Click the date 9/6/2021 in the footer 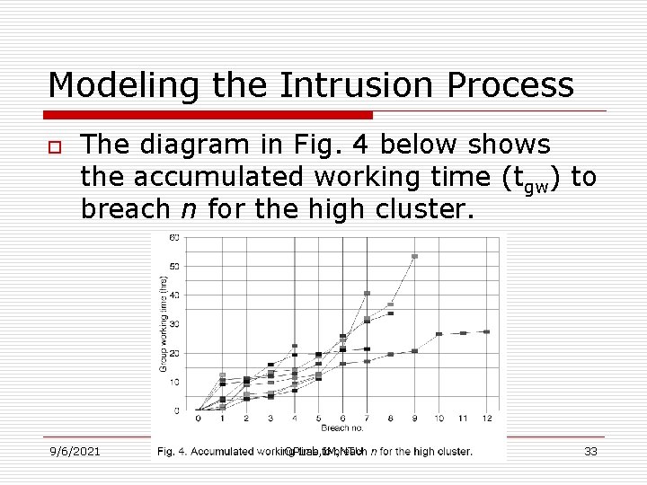click(x=75, y=451)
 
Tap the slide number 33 click(x=590, y=451)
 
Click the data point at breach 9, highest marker click(x=414, y=256)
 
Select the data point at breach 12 click(x=487, y=331)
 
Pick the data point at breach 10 click(x=439, y=334)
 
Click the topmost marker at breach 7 click(x=367, y=293)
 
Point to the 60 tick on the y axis click(x=174, y=237)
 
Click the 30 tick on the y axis click(x=174, y=323)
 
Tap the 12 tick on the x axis click(x=487, y=419)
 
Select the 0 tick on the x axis click(x=199, y=419)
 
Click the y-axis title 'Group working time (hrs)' click(x=163, y=323)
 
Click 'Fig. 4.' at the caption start click(x=173, y=451)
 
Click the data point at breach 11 click(x=463, y=333)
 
